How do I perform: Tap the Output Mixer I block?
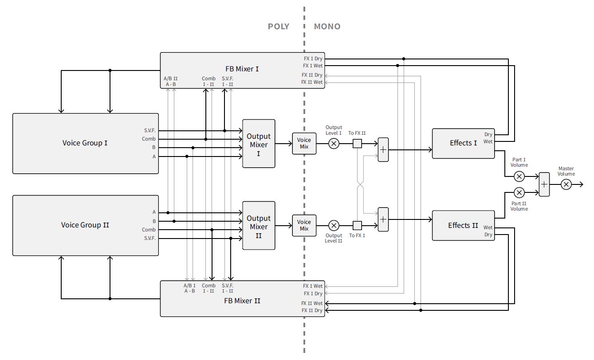pos(259,144)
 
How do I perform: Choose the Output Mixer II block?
pos(259,226)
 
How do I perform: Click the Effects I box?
pos(463,143)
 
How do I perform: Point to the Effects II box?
pos(463,225)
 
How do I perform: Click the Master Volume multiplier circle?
pos(566,184)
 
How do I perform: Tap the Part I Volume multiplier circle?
pos(519,176)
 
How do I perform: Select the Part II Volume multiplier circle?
pos(519,192)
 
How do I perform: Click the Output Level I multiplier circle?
pos(334,143)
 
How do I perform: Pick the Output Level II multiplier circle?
pos(334,225)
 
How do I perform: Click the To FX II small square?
pos(357,143)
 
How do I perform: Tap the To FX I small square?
pos(357,225)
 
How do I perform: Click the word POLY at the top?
pos(278,27)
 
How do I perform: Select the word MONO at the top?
pos(327,27)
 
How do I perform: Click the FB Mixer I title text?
pos(242,69)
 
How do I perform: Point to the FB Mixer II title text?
pos(242,301)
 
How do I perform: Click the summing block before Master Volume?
pos(544,184)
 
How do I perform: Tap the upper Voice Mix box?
pos(304,143)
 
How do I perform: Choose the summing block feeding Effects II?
pos(383,219)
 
